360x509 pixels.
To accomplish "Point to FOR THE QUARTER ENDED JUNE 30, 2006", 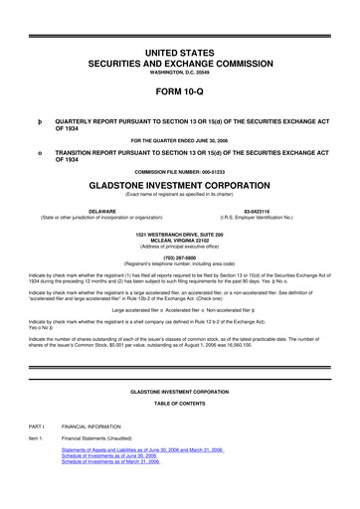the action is [180, 139].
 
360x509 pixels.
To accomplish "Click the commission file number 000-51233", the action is [180, 174].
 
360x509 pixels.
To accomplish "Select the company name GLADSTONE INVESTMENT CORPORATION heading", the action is [180, 187].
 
